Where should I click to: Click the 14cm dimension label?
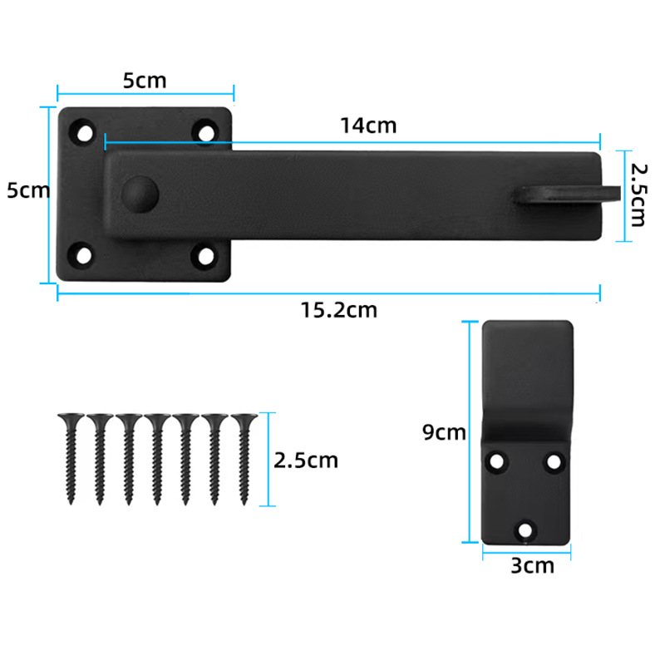[367, 126]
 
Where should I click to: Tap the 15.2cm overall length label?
[338, 310]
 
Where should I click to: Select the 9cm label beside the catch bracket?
[444, 432]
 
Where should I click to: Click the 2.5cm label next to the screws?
[306, 460]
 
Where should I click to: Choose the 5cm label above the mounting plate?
[145, 81]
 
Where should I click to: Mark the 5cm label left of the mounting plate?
[28, 190]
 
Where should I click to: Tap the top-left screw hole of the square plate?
[84, 131]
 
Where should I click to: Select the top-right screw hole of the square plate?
[205, 131]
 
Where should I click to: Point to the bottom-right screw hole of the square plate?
[205, 255]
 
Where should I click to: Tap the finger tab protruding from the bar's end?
[569, 195]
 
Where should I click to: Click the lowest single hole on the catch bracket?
[525, 527]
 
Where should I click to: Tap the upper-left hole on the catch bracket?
[498, 459]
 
